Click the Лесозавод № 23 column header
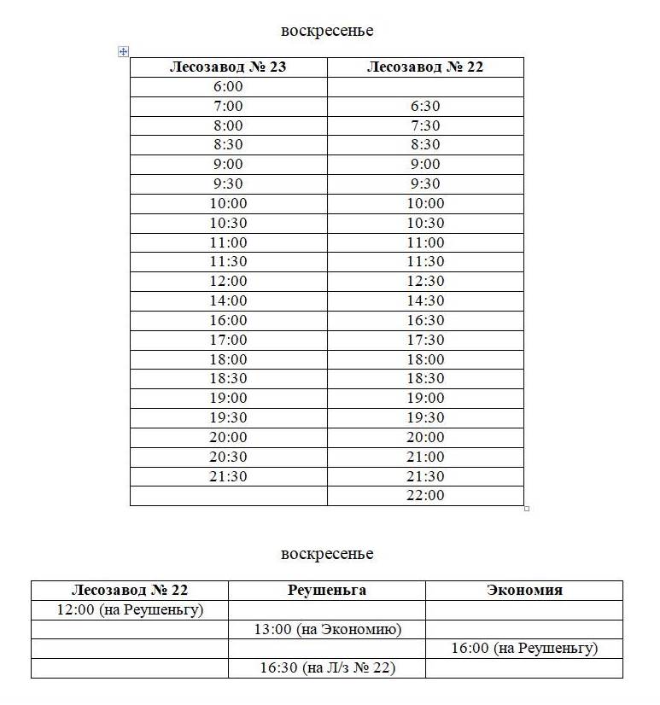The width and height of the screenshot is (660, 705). point(228,67)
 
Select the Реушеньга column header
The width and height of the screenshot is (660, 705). point(327,590)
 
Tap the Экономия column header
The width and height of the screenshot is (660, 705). point(524,590)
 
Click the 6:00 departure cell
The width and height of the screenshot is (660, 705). point(228,87)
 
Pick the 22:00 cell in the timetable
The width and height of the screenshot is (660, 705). point(425,496)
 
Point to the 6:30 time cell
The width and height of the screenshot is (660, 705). point(425,107)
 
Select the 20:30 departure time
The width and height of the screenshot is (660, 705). point(228,457)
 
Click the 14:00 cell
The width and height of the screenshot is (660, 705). point(228,300)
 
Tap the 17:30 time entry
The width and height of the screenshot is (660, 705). point(425,340)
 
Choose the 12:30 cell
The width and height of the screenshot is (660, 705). point(425,281)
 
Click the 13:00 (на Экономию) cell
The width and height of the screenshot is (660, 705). point(327,629)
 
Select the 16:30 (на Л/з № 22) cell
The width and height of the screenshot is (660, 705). point(327,668)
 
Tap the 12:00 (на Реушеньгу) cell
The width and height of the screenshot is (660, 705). point(130,609)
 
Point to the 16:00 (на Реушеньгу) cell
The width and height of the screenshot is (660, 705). point(524,649)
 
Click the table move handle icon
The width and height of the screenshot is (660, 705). point(123,52)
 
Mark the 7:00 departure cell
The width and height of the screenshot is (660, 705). point(228,107)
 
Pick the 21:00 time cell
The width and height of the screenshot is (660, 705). point(425,457)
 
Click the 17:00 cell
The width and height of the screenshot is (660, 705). point(228,340)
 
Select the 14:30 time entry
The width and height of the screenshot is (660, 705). point(425,300)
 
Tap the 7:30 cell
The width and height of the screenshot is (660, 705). point(425,126)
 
